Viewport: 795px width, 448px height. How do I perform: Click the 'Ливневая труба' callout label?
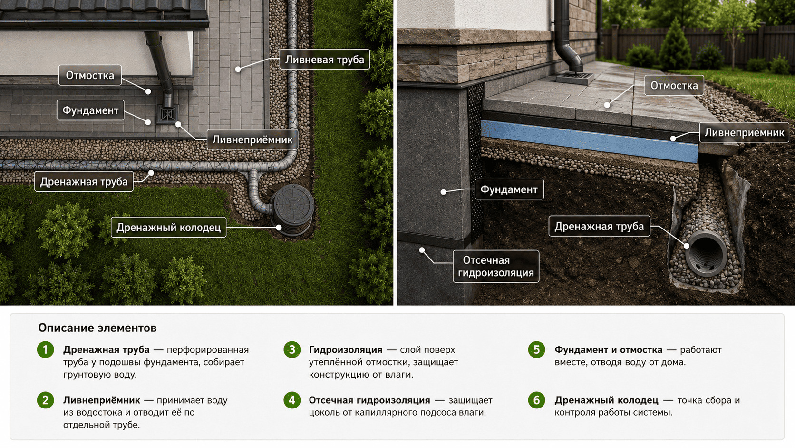click(324, 60)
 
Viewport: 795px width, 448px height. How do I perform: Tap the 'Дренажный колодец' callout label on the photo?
click(169, 227)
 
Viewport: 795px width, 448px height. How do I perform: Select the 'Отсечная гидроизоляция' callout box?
click(496, 267)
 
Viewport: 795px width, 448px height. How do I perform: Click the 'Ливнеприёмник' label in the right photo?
click(744, 132)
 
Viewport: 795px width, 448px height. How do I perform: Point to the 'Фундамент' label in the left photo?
click(90, 110)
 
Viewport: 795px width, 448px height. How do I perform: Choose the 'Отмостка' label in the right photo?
click(674, 85)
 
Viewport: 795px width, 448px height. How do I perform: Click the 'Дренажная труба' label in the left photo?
click(84, 181)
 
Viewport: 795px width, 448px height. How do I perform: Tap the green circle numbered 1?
click(46, 349)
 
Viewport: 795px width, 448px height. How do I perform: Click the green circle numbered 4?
click(292, 400)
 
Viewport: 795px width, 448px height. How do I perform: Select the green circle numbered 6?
click(537, 400)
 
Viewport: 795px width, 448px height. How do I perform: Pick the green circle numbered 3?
click(292, 349)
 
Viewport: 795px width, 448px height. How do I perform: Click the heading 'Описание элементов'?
click(97, 328)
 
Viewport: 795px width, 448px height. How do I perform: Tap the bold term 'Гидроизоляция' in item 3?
click(345, 350)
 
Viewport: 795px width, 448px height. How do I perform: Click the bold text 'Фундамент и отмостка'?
click(608, 350)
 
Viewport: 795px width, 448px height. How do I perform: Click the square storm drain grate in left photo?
click(167, 114)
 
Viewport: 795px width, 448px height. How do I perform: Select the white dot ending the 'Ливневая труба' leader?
click(238, 70)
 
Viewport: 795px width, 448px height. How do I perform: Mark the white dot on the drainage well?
click(279, 228)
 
